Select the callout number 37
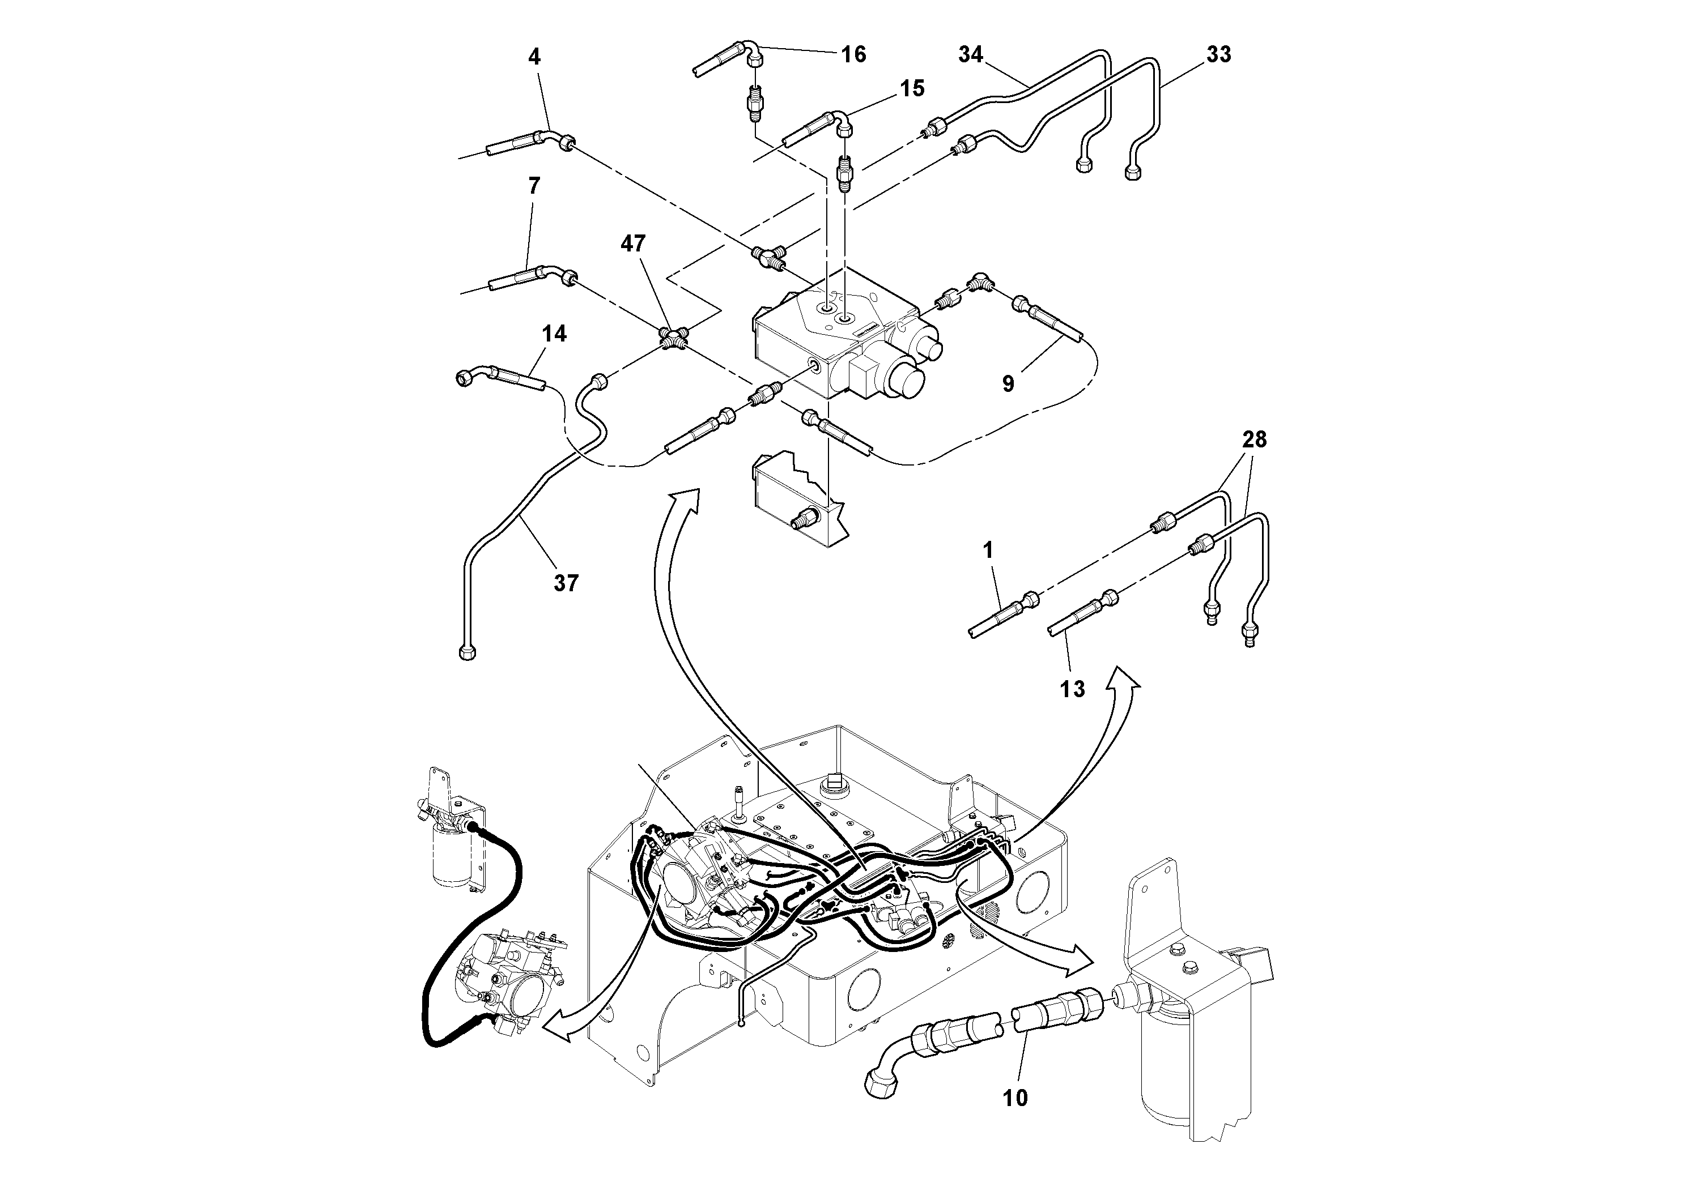pyautogui.click(x=566, y=584)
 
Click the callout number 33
pyautogui.click(x=1218, y=54)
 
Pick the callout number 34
pyautogui.click(x=971, y=54)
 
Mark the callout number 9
pyautogui.click(x=1008, y=383)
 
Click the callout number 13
pyautogui.click(x=1072, y=689)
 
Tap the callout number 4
pyautogui.click(x=534, y=57)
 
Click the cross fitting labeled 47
pyautogui.click(x=672, y=339)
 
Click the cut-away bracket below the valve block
pyautogui.click(x=797, y=500)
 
